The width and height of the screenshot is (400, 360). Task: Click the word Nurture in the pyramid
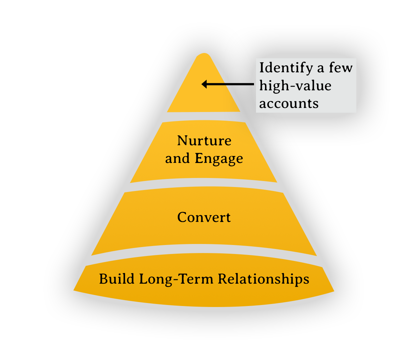pos(204,141)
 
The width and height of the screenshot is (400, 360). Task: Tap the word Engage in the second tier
pos(219,159)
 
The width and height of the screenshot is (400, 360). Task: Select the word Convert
pos(204,217)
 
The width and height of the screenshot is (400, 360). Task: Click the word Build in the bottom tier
pos(117,279)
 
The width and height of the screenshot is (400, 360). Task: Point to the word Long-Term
pos(177,279)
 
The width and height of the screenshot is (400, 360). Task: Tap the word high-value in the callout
pos(295,86)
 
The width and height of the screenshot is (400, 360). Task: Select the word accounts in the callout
pos(289,104)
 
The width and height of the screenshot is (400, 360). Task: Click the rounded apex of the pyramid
pos(204,55)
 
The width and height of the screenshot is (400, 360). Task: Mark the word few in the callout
pos(340,68)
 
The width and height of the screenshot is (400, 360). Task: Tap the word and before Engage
pos(178,159)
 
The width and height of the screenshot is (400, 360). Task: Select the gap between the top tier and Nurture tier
pos(204,117)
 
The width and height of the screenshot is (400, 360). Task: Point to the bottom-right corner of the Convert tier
pos(315,255)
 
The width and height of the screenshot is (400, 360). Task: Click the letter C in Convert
pos(182,217)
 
